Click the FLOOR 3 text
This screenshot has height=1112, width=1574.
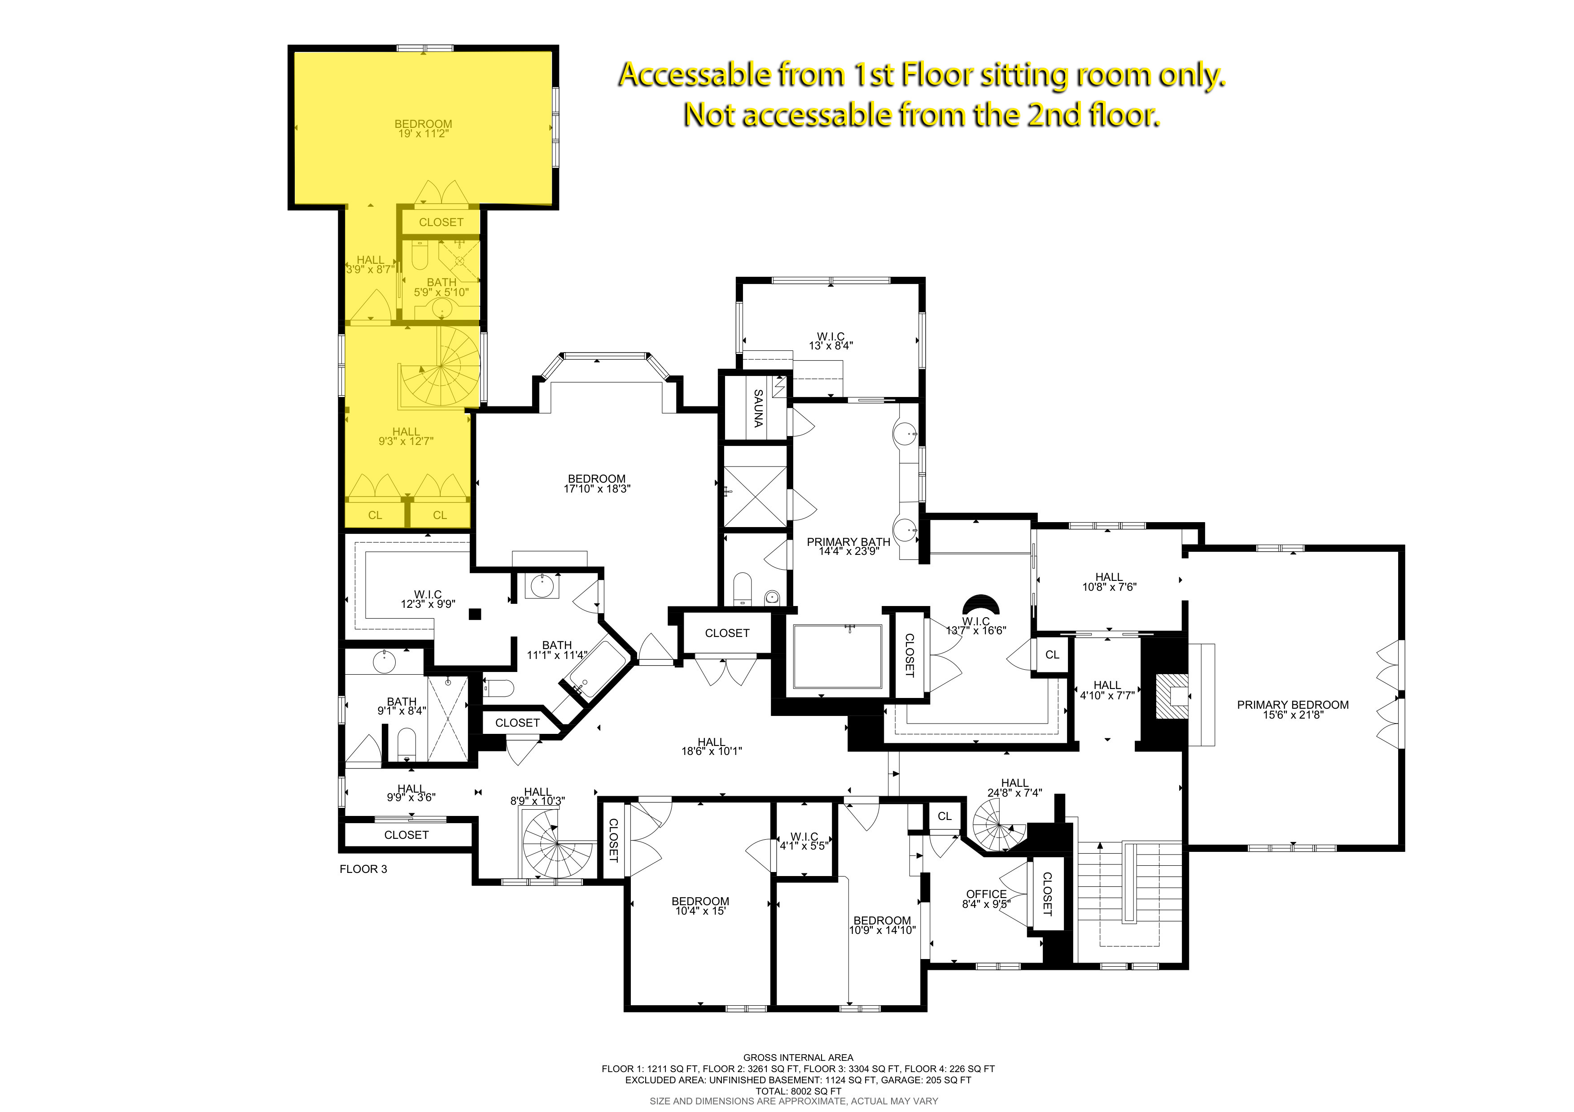point(363,869)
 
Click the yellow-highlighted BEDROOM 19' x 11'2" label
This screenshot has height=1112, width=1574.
point(423,129)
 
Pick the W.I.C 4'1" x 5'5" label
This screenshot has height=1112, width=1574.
point(804,842)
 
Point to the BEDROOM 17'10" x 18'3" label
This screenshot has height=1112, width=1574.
point(596,484)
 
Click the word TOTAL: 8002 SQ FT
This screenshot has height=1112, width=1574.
point(798,1091)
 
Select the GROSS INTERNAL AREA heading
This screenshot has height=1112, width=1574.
point(798,1057)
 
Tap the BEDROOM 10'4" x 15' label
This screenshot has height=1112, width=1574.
point(700,906)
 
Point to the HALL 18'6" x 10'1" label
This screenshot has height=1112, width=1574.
point(712,746)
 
